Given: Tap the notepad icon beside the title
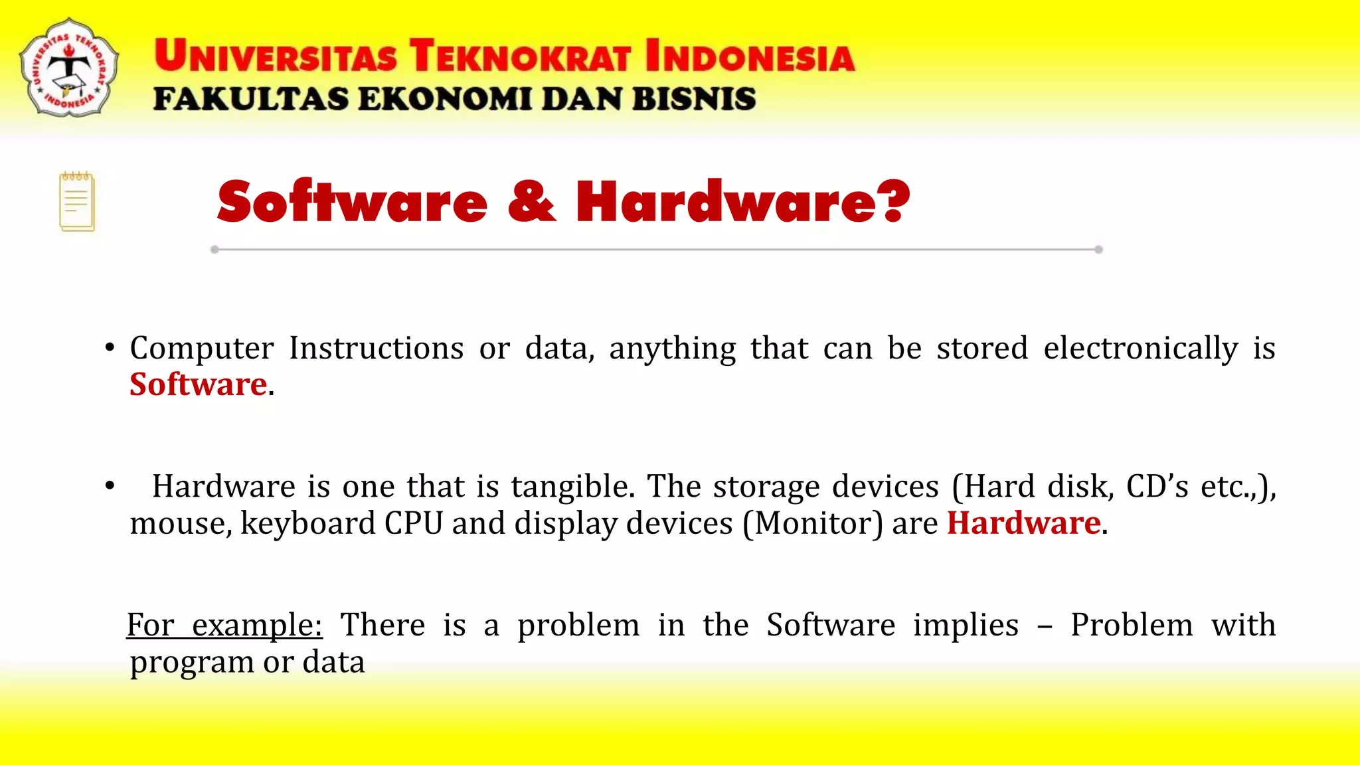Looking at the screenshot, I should tap(77, 202).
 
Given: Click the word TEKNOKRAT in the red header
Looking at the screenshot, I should tap(519, 56).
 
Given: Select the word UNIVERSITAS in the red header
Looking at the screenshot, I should tap(276, 56).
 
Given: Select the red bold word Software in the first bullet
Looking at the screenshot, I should tap(198, 384).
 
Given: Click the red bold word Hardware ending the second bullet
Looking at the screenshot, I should tap(1023, 523).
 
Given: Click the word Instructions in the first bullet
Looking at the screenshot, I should tap(376, 349).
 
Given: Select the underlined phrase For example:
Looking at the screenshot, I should tap(224, 626).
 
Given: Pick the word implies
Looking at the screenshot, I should tap(966, 626).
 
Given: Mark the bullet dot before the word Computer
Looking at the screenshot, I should tap(110, 348).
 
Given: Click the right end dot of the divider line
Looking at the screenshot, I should tap(1098, 250).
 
